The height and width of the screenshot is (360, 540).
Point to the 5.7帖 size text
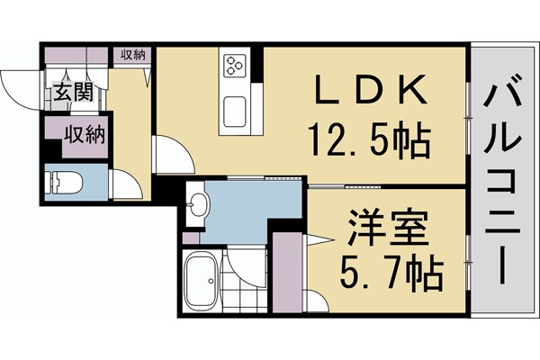[377, 270]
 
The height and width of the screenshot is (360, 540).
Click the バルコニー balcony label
[505, 179]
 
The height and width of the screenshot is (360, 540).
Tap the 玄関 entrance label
[71, 93]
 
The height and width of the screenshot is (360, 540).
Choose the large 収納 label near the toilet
[85, 136]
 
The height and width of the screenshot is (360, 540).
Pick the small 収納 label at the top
[133, 54]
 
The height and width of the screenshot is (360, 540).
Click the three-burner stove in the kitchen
[237, 64]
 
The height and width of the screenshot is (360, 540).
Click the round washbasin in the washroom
[196, 209]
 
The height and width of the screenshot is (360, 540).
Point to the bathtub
[199, 279]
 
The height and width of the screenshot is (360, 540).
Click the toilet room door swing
[125, 184]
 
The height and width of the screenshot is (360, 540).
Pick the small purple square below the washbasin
[189, 238]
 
